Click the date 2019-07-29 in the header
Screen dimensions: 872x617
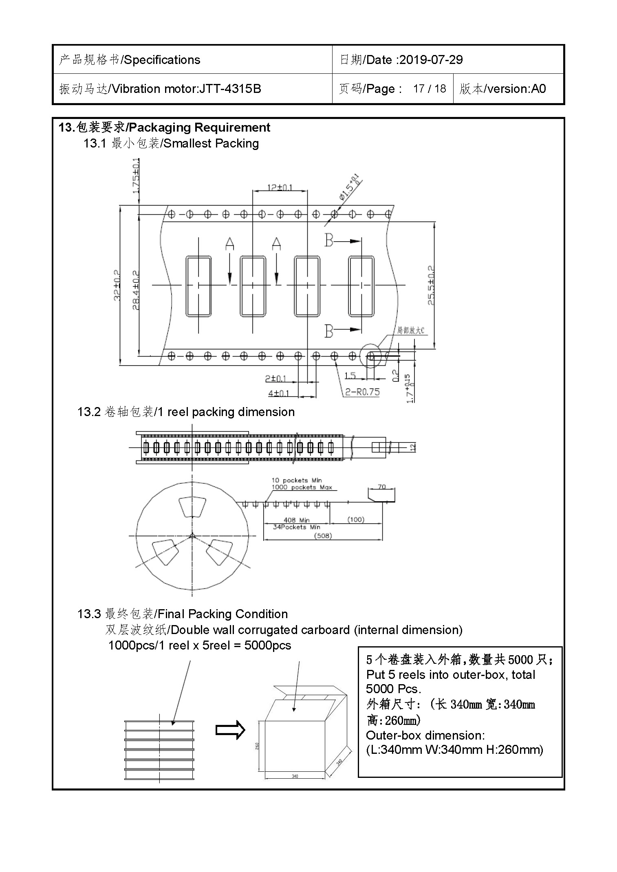click(x=431, y=60)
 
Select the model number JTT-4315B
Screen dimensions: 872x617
click(x=230, y=89)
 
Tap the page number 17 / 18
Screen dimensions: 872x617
click(x=429, y=89)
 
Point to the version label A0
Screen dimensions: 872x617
click(x=538, y=89)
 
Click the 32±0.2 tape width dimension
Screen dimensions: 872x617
click(x=117, y=285)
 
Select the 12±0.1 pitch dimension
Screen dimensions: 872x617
click(x=280, y=187)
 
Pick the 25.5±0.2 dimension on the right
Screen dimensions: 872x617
click(x=431, y=285)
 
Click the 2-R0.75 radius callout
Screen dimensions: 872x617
click(x=362, y=392)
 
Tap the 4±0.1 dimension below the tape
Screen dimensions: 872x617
click(x=278, y=393)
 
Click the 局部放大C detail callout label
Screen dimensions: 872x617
click(x=410, y=330)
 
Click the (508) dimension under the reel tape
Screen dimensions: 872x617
click(x=323, y=535)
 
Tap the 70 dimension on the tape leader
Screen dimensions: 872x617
click(x=381, y=487)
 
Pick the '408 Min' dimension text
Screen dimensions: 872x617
click(x=296, y=520)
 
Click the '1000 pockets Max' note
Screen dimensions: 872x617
click(x=302, y=487)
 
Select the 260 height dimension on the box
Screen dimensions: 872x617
click(x=257, y=745)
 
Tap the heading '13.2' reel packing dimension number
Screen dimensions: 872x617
click(x=89, y=412)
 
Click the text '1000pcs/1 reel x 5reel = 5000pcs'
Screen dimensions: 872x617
click(x=200, y=645)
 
